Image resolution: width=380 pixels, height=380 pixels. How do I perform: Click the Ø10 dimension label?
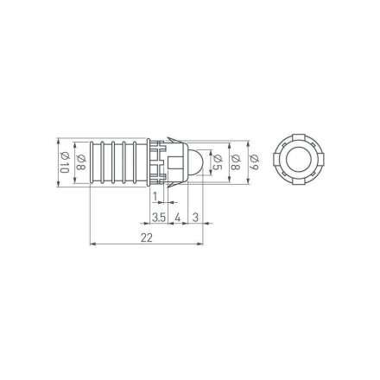65,162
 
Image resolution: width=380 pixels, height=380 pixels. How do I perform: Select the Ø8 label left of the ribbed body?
81,162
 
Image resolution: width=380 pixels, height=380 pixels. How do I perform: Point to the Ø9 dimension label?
255,162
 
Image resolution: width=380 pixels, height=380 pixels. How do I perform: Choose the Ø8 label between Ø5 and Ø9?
236,162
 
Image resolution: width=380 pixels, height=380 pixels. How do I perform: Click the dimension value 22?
147,238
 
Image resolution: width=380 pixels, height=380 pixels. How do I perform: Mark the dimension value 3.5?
159,218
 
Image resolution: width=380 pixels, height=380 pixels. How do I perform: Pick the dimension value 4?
178,218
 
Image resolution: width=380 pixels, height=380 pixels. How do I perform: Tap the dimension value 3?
195,218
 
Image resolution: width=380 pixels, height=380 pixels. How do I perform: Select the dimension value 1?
155,197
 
